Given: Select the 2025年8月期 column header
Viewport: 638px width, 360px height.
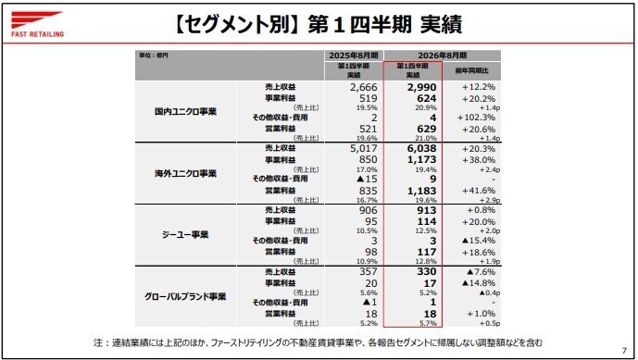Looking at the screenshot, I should pyautogui.click(x=352, y=55).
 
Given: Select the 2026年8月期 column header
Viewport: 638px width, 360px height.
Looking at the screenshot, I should pyautogui.click(x=444, y=55).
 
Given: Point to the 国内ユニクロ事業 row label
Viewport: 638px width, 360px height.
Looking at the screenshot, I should pyautogui.click(x=185, y=111).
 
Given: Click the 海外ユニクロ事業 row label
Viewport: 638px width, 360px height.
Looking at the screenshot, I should pyautogui.click(x=185, y=173).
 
